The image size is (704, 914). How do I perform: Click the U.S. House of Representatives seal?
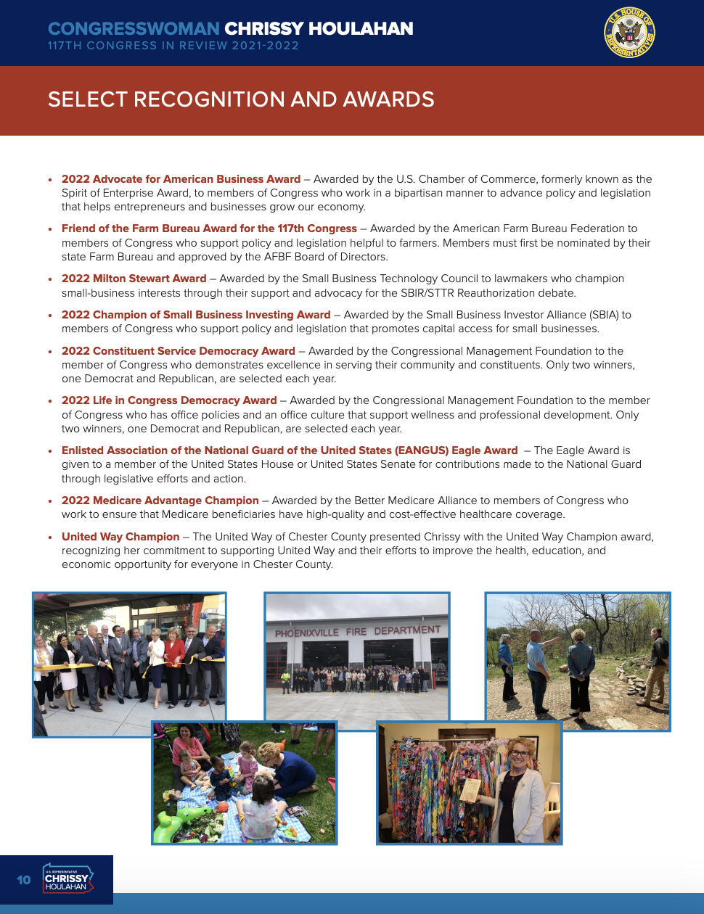[629, 33]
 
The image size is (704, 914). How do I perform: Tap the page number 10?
[24, 880]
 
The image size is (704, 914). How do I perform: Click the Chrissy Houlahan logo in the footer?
[67, 879]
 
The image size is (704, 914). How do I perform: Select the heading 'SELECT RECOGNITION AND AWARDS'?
[241, 99]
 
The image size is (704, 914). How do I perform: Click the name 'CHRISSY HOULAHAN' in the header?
[319, 29]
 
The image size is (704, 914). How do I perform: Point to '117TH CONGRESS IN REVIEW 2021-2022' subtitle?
[173, 46]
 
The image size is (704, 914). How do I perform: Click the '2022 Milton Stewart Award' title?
[134, 279]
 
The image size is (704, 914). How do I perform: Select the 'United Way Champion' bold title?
[120, 537]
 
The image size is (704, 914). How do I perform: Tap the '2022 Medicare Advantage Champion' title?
[160, 501]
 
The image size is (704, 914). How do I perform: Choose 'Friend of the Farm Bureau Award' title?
[209, 228]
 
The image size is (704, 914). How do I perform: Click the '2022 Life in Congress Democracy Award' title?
[169, 400]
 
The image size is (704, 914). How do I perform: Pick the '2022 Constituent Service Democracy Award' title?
[179, 351]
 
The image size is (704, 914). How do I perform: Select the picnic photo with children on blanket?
[244, 783]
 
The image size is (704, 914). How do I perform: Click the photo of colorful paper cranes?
[469, 783]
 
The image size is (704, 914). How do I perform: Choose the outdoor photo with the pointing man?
[578, 661]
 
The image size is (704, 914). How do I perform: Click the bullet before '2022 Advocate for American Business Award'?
[50, 180]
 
